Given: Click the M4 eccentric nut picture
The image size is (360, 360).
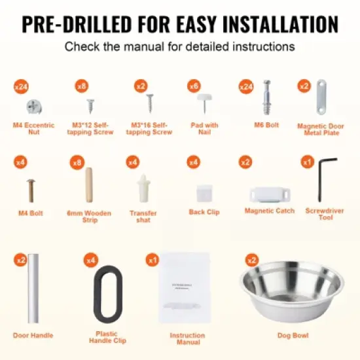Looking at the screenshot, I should pyautogui.click(x=34, y=105).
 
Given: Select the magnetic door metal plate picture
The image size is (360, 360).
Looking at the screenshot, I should pyautogui.click(x=320, y=98).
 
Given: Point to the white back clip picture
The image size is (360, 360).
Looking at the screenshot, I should pyautogui.click(x=204, y=192).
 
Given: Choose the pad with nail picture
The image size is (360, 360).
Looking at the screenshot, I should pyautogui.click(x=204, y=102).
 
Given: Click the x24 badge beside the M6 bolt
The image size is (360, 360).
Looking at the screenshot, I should pyautogui.click(x=247, y=86).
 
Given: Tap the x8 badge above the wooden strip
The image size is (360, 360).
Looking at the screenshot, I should pyautogui.click(x=78, y=162).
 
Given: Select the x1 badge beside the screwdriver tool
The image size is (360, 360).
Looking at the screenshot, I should pyautogui.click(x=308, y=162).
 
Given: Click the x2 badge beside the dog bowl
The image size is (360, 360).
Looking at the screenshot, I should pyautogui.click(x=248, y=260).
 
